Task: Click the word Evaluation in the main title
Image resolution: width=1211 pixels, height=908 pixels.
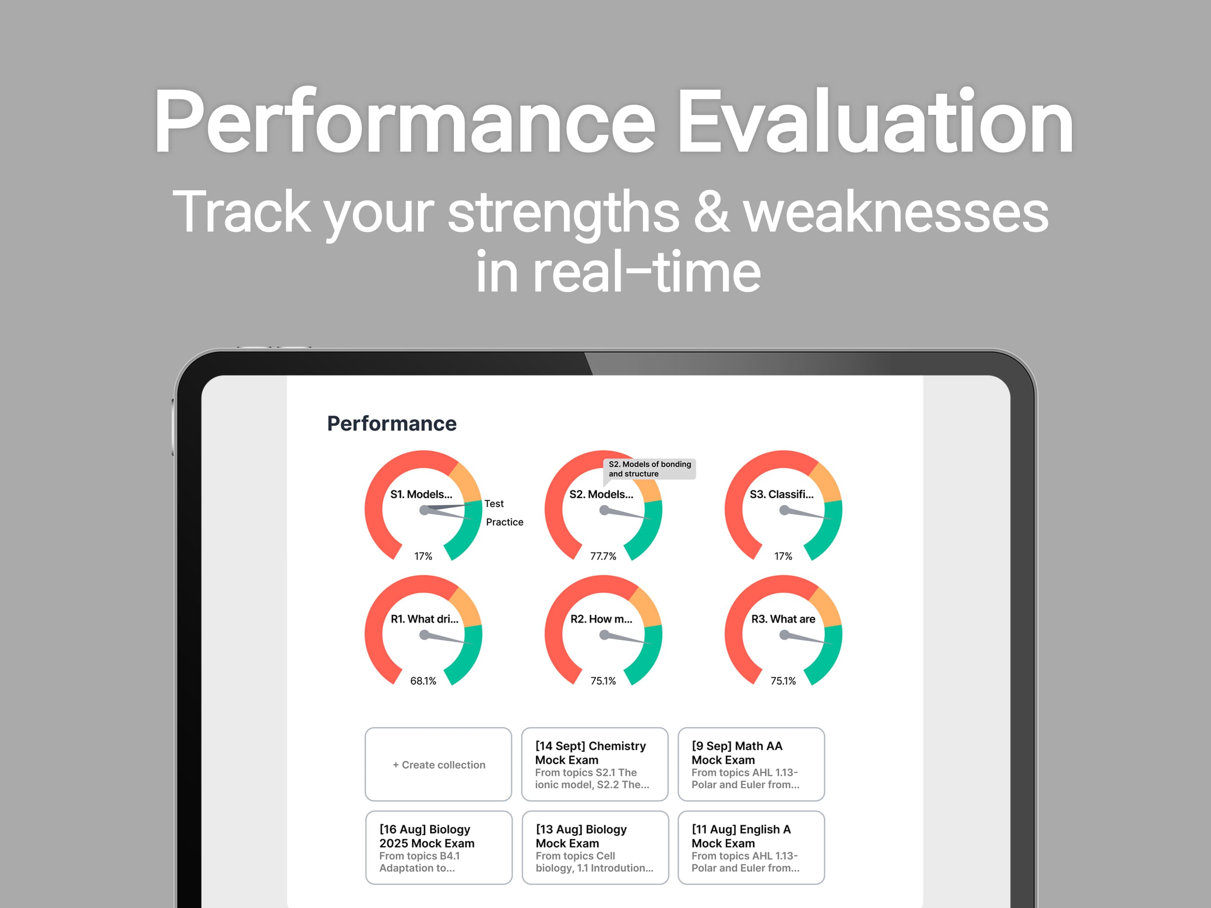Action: [875, 121]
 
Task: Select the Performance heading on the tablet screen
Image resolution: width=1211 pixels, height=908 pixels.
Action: [392, 423]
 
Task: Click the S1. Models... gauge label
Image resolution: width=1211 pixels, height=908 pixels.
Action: [421, 494]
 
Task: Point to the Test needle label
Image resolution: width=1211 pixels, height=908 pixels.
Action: [494, 503]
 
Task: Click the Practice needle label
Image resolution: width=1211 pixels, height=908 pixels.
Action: [505, 522]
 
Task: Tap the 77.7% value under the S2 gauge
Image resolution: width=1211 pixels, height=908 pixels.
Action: [603, 556]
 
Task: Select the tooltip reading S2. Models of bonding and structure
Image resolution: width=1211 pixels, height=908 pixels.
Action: [649, 469]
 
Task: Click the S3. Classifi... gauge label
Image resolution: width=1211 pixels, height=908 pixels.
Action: [782, 494]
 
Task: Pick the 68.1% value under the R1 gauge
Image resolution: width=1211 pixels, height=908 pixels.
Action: [423, 681]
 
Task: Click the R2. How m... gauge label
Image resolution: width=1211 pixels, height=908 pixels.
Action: [601, 619]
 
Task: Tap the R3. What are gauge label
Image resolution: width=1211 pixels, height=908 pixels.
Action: [783, 619]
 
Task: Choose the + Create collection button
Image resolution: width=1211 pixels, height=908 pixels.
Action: [438, 764]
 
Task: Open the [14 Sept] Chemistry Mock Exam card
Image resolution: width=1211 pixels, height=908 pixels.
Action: [594, 764]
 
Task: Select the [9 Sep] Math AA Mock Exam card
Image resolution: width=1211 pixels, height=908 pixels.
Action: [751, 764]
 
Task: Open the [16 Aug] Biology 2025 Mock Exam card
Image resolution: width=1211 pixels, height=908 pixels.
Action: [438, 847]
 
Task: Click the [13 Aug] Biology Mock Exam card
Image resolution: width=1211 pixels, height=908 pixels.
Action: [595, 847]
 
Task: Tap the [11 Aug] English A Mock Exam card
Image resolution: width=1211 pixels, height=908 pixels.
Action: [751, 847]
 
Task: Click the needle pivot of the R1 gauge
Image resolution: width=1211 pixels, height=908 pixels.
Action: [424, 635]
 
